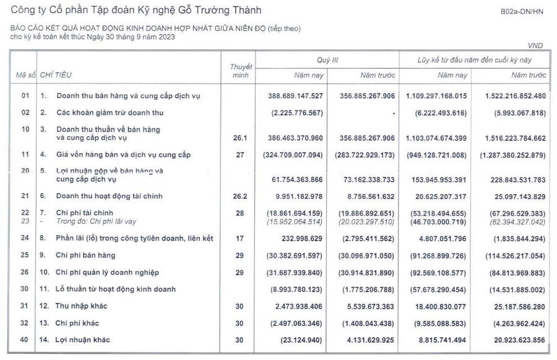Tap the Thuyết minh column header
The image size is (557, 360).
pos(241,70)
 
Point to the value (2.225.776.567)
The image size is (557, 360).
pos(297,113)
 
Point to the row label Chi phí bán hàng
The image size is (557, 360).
pos(85,255)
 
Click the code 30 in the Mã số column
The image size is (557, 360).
pos(25,289)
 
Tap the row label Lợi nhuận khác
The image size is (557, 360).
pos(85,340)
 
